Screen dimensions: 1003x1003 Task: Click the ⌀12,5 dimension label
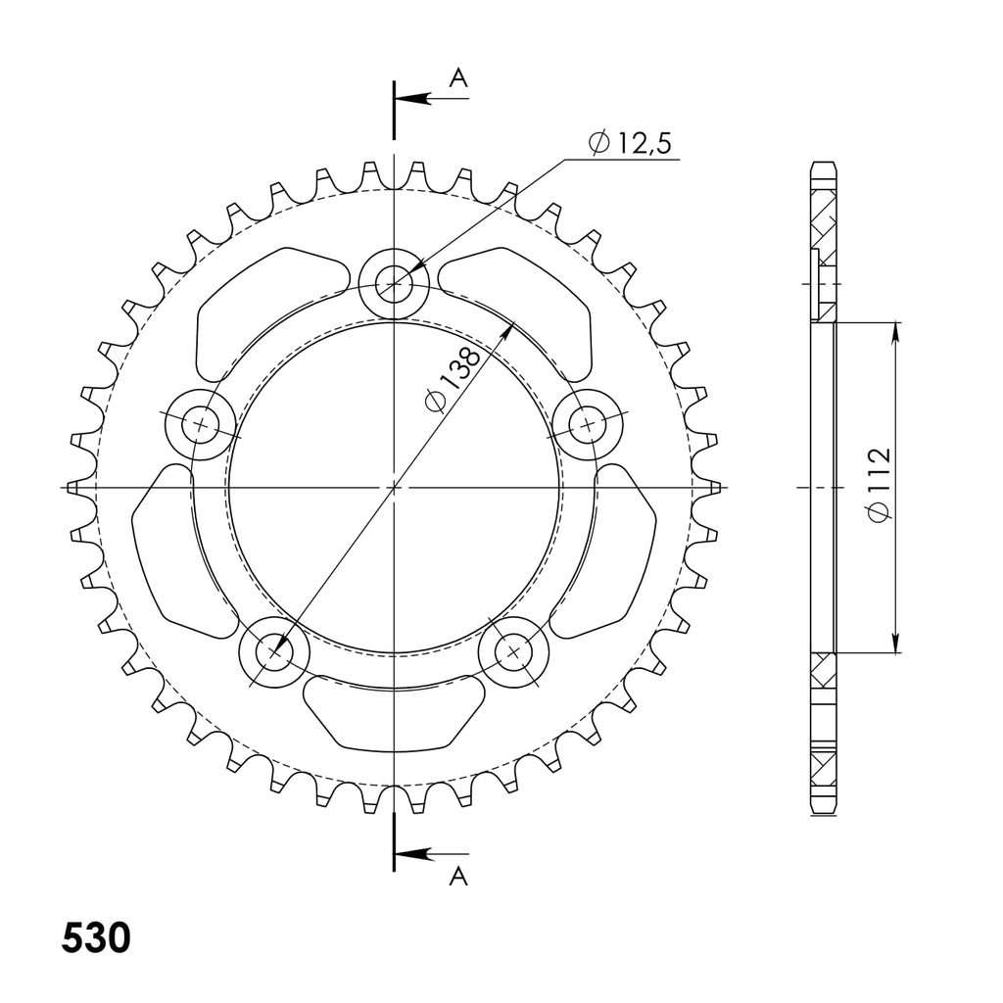[630, 143]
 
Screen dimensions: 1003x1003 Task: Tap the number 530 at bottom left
[96, 938]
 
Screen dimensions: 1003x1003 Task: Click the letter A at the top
[458, 78]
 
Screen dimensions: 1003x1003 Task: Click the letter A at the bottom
[458, 877]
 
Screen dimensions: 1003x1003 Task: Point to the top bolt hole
[394, 283]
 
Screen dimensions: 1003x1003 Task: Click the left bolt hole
[201, 425]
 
